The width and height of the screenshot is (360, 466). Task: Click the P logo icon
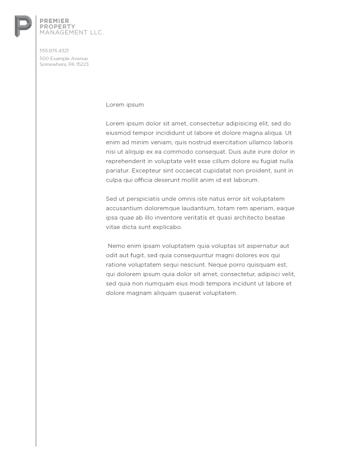(23, 26)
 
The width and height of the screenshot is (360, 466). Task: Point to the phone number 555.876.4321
(54, 51)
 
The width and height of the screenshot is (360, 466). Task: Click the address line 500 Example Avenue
(64, 59)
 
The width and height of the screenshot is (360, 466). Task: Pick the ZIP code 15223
(82, 64)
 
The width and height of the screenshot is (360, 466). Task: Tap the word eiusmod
(119, 133)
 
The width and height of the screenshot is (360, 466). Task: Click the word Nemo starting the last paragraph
(115, 246)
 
